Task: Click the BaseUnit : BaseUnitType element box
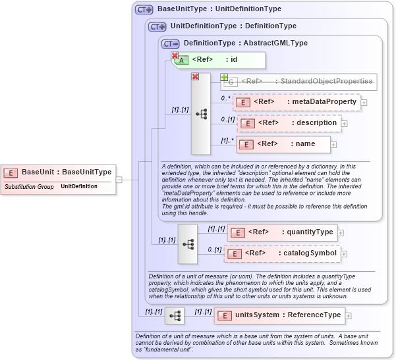(59, 172)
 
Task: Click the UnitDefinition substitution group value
(79, 187)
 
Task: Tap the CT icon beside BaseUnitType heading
(144, 10)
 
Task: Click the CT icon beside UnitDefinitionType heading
(157, 26)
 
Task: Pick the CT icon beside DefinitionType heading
(170, 43)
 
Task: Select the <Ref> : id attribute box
(221, 60)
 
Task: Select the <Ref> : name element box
(282, 144)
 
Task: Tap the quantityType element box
(282, 232)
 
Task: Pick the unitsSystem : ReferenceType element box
(279, 315)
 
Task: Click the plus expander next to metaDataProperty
(364, 103)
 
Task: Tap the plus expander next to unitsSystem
(349, 316)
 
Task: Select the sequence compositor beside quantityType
(188, 244)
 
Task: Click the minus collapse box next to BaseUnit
(119, 178)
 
